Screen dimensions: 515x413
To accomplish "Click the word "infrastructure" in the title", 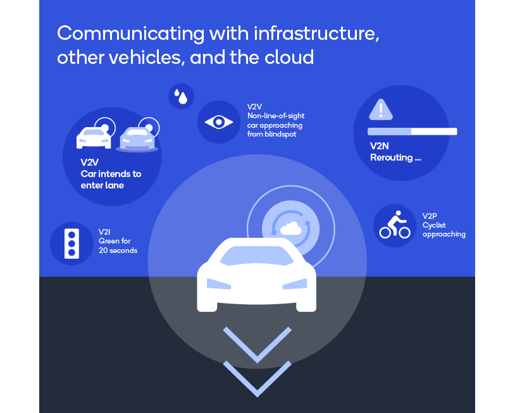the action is coord(316,34).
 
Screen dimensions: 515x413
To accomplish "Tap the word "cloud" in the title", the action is coord(289,58).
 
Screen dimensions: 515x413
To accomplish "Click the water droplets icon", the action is coord(181,96).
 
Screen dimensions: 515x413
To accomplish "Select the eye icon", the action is coord(219,123).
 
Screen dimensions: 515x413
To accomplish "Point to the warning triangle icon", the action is coord(381,109).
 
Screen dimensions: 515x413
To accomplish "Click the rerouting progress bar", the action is coord(413,132).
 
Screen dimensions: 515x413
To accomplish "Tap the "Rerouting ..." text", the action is coord(395,157).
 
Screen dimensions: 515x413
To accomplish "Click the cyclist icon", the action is coord(395,225).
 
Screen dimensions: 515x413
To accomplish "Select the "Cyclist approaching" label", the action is coord(444,230).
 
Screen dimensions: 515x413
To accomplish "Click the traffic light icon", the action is coord(71,243).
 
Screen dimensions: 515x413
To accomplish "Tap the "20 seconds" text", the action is coord(118,250).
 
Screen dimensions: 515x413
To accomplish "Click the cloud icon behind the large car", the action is coord(290,228).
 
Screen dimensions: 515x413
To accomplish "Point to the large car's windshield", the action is coord(256,256).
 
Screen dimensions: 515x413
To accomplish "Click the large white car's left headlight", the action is coord(219,284).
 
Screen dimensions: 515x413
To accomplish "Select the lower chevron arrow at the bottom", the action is coord(257,378).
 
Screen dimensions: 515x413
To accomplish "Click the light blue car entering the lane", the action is coord(137,139).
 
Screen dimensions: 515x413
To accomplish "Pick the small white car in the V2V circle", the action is coord(94,138).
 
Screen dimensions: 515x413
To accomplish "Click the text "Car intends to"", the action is coord(111,174).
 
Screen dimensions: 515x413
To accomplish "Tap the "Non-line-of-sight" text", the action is coord(276,116).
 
